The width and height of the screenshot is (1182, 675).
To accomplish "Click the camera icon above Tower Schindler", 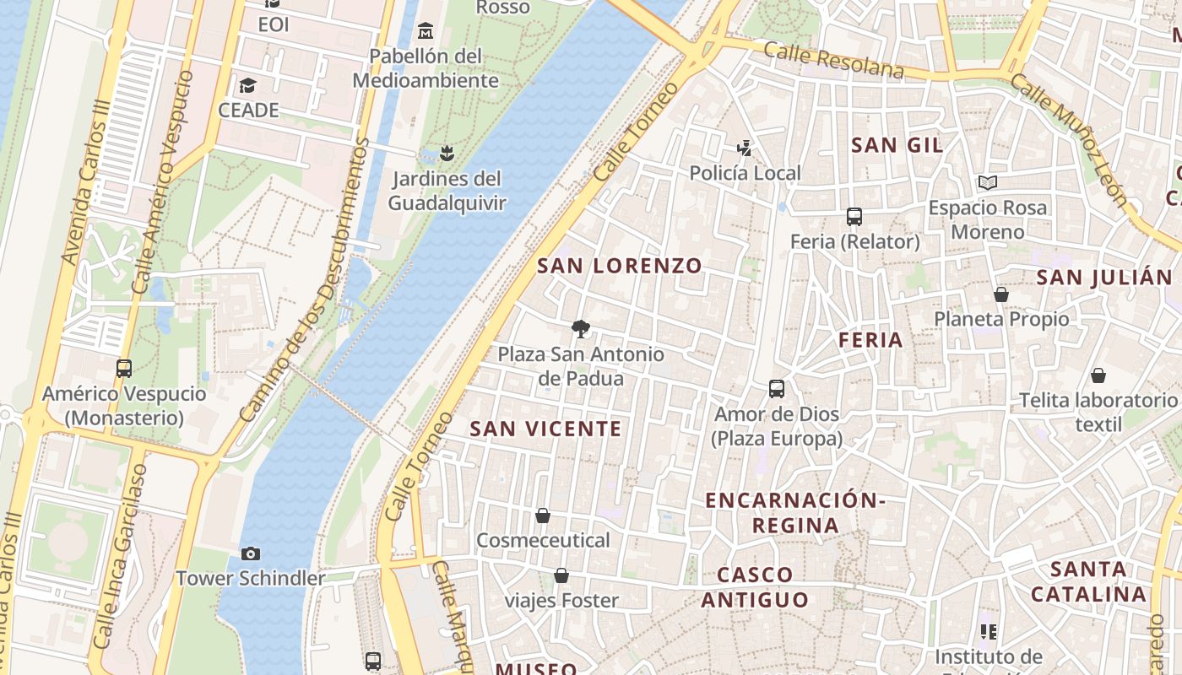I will click(250, 553).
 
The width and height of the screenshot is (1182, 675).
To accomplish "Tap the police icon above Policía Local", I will click(744, 148).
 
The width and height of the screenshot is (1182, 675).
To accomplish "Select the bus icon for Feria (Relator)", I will click(854, 217).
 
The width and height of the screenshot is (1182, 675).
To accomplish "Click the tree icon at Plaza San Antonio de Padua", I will click(580, 329).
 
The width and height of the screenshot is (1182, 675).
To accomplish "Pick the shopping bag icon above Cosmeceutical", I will click(543, 515).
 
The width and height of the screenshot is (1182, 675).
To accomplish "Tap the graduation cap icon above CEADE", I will click(247, 86).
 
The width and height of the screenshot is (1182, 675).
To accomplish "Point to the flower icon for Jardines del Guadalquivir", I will click(447, 154).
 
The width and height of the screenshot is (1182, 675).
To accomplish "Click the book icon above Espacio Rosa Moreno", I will click(987, 182).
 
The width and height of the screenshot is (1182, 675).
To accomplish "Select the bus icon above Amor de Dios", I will click(777, 389).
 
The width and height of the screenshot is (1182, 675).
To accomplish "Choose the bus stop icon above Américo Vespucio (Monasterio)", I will click(124, 369).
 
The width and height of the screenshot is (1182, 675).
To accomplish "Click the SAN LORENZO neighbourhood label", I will click(620, 266).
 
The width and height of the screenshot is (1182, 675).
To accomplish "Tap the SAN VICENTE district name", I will click(545, 429).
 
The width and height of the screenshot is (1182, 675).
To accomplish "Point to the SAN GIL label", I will click(897, 145).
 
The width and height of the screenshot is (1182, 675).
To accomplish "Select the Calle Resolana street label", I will click(833, 60).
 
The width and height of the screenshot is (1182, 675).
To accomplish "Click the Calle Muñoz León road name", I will click(1069, 139).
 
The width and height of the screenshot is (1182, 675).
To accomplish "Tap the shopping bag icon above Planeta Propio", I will click(1000, 294).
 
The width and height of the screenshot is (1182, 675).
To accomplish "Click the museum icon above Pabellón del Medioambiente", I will click(426, 32).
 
